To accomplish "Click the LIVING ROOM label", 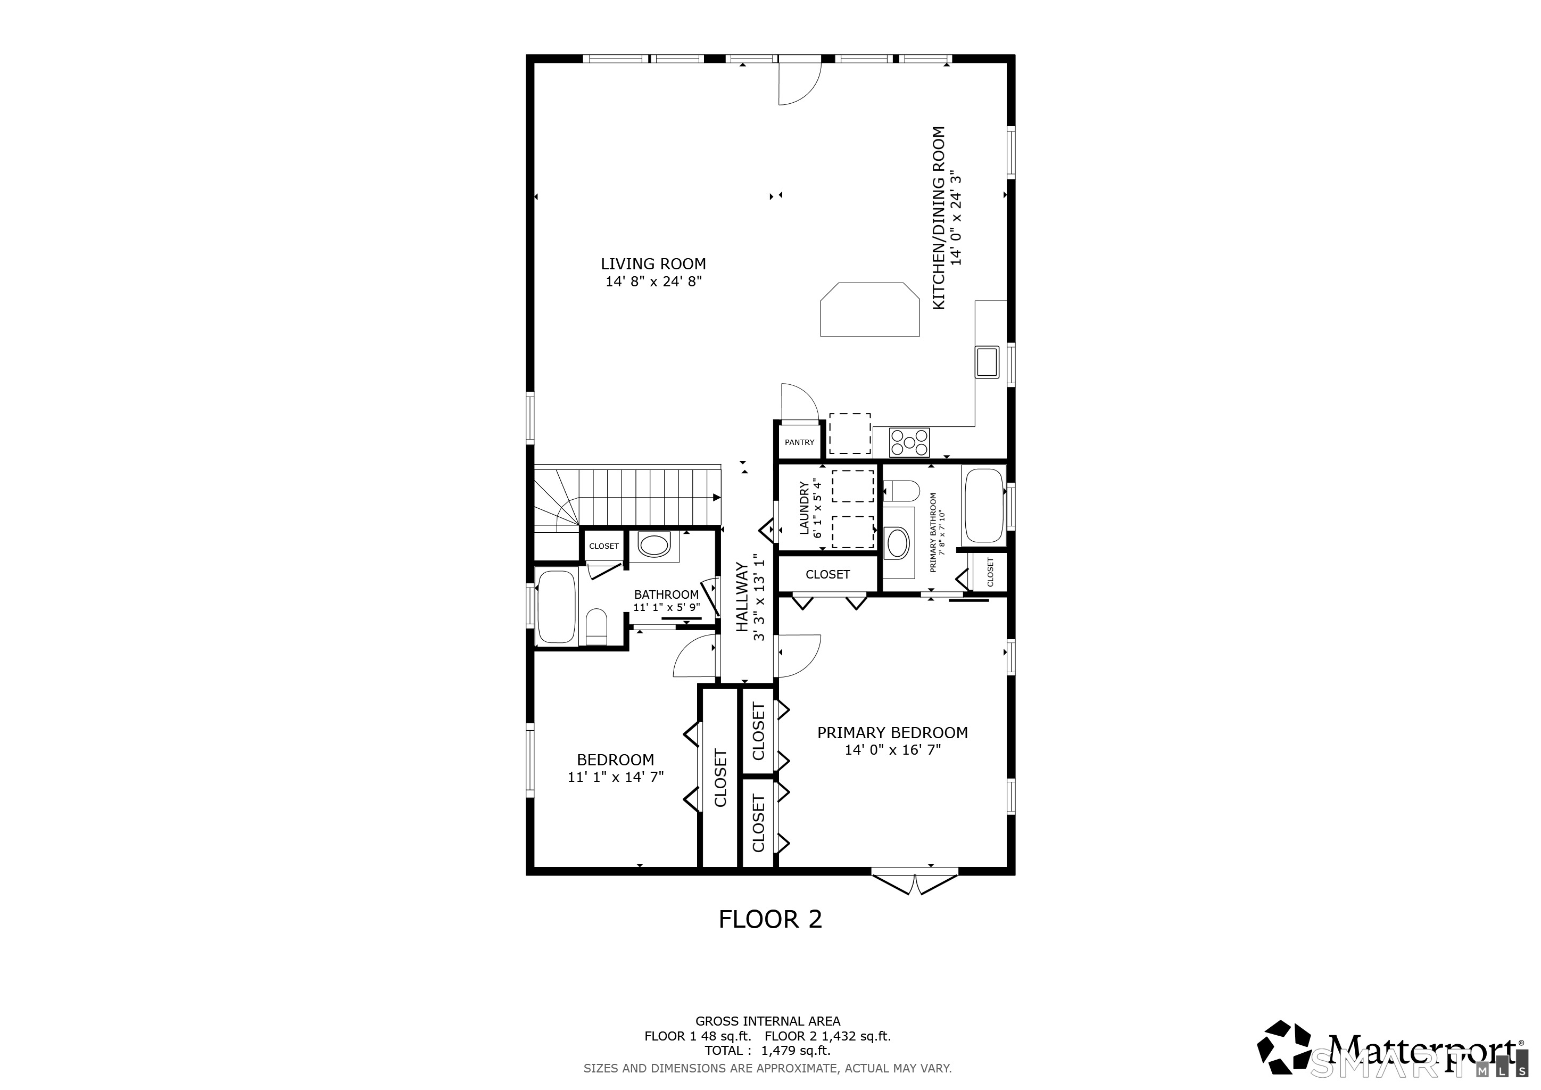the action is [x=653, y=265].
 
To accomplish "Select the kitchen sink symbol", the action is [x=987, y=362].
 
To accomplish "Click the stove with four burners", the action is [x=909, y=443].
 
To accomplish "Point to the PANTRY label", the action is [x=799, y=442].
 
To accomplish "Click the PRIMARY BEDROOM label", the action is [x=893, y=733].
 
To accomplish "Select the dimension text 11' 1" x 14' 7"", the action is [x=616, y=777].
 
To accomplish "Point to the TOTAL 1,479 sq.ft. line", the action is [x=768, y=1051].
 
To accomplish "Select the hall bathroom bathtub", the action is [x=557, y=607].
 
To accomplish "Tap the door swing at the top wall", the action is [x=800, y=83].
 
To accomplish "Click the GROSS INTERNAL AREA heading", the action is [x=768, y=1021].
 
